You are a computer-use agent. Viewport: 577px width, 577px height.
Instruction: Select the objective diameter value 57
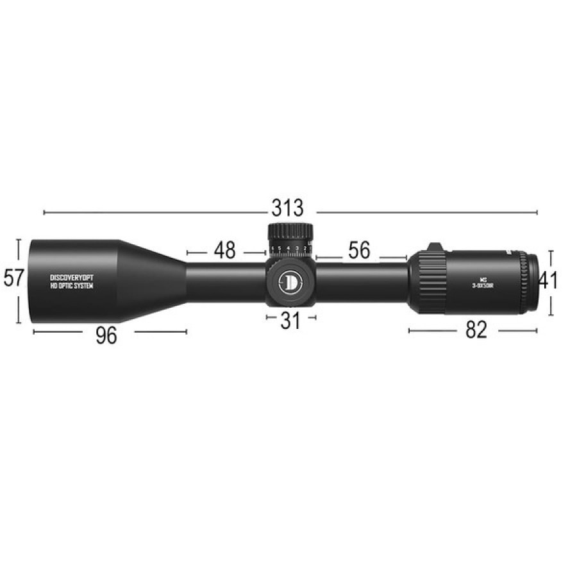(14, 278)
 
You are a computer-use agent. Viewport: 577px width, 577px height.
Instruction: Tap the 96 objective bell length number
(106, 335)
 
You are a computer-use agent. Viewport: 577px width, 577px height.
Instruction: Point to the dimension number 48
(224, 250)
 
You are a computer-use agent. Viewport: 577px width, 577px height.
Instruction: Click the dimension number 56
(360, 251)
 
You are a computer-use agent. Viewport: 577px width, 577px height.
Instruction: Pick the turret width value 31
(290, 321)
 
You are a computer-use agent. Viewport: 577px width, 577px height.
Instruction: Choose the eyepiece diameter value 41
(548, 280)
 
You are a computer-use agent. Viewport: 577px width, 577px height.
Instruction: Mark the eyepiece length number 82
(476, 330)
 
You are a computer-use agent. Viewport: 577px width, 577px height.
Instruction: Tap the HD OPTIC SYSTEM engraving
(72, 286)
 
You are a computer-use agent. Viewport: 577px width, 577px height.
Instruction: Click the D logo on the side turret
(291, 281)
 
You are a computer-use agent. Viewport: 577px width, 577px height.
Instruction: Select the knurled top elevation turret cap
(290, 232)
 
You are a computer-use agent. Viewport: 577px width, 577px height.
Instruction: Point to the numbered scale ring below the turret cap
(290, 249)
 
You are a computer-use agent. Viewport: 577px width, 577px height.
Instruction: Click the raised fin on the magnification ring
(435, 247)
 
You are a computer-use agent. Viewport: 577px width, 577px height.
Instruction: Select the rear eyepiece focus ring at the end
(530, 282)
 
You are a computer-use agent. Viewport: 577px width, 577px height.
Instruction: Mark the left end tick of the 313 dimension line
(44, 212)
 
